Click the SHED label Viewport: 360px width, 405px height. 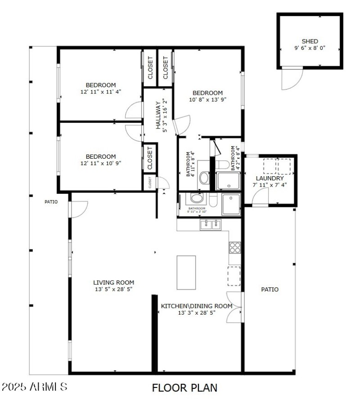coord(310,41)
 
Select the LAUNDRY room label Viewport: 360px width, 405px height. coord(268,178)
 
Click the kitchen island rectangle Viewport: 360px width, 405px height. coord(186,272)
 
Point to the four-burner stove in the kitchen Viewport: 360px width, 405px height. coord(234,247)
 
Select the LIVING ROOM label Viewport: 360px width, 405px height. coord(113,282)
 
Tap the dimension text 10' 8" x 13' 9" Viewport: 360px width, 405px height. coord(207,100)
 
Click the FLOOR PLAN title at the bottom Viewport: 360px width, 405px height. coord(184,387)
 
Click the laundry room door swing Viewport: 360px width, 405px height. coord(260,197)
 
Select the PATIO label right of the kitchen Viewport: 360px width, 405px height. coord(270,289)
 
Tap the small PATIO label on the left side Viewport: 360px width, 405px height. coord(51,202)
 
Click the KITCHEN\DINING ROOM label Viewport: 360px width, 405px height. coord(197,306)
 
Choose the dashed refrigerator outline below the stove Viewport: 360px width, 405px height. coord(234,276)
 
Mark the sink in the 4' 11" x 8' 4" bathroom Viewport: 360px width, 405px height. coord(204,178)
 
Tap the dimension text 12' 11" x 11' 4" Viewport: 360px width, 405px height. coord(101,91)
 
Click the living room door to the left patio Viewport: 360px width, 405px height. coord(78,208)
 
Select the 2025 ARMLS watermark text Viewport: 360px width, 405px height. coord(35,387)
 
